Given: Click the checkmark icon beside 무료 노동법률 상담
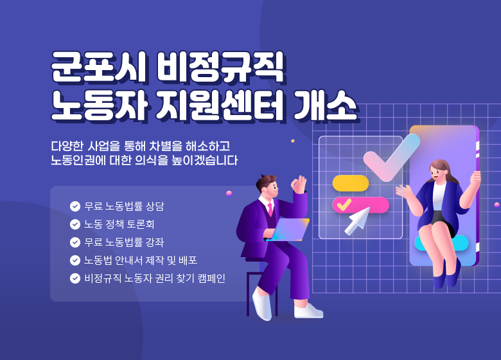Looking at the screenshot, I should [x=75, y=206].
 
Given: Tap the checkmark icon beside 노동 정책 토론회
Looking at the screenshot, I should [x=75, y=224].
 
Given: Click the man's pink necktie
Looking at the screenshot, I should [x=270, y=208].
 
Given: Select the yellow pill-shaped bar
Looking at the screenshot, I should [x=350, y=183].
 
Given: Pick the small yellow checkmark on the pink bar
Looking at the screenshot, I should [x=344, y=204].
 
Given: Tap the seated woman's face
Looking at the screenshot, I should [x=439, y=172].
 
